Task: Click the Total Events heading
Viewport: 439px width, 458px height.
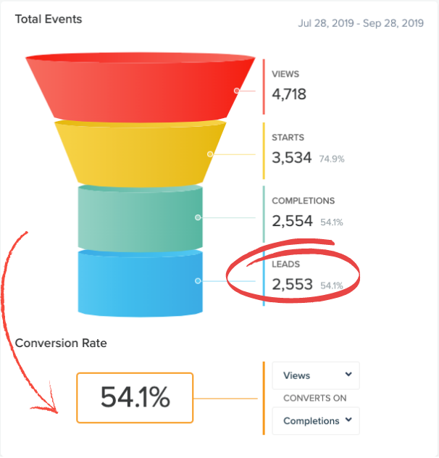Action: click(49, 19)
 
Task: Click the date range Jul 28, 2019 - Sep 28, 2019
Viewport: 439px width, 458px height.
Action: click(361, 23)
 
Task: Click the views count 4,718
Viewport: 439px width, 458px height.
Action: click(289, 94)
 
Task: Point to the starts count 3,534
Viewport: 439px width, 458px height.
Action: click(292, 157)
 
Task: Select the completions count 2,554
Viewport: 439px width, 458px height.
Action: click(292, 221)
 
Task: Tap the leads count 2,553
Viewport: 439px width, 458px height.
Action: click(292, 285)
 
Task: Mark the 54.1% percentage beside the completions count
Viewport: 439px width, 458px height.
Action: click(331, 222)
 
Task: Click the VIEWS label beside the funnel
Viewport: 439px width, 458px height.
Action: click(285, 74)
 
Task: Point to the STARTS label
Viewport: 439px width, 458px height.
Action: click(288, 138)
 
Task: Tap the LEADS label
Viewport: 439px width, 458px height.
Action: click(285, 265)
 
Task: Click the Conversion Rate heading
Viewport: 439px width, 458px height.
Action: click(61, 343)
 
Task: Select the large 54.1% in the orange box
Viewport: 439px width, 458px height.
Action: click(135, 397)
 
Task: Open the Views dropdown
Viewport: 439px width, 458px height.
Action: click(316, 375)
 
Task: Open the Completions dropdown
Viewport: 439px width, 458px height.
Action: click(316, 420)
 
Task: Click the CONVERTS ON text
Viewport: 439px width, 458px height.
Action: click(314, 398)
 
